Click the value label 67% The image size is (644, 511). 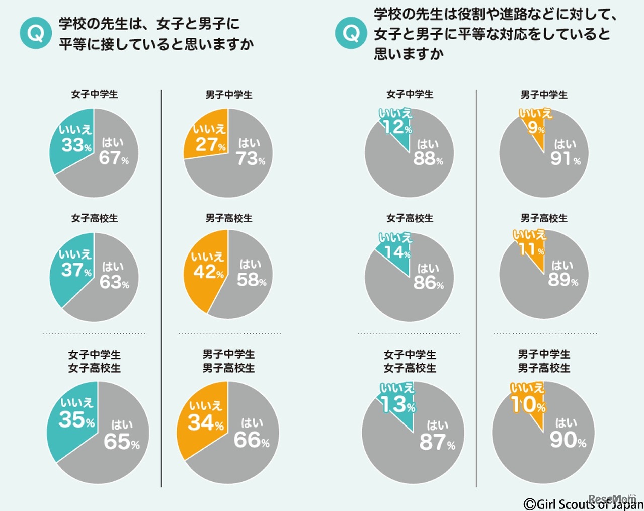(114, 158)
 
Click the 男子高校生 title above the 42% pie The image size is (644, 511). (229, 218)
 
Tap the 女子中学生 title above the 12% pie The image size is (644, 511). (410, 94)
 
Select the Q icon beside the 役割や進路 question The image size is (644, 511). (351, 33)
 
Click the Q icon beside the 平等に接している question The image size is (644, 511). (35, 33)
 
